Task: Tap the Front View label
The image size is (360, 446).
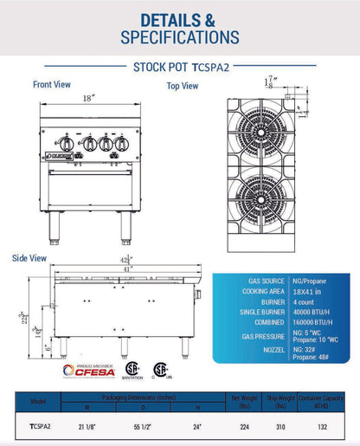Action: coord(52,85)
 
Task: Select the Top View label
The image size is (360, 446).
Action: coord(183,86)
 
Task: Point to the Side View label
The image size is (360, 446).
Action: coord(29,258)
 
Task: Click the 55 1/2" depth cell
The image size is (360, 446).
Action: coord(143,426)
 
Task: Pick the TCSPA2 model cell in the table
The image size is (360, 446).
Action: coord(39,426)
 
